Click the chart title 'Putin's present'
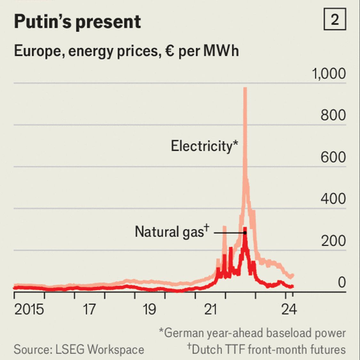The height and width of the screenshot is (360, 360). coord(77,22)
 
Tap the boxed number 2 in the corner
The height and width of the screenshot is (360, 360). coord(334,20)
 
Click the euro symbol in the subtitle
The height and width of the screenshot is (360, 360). coord(169,51)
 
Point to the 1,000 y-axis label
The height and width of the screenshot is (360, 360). coord(329,74)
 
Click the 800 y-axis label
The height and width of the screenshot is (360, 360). coord(333,116)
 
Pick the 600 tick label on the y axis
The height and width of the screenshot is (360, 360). coord(333,157)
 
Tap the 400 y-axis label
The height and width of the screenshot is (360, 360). coord(333,199)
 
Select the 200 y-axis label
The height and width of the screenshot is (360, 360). coord(333,241)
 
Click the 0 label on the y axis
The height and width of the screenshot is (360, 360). coord(341,283)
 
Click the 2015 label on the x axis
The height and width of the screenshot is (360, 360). coord(29,309)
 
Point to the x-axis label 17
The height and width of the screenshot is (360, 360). coord(89,309)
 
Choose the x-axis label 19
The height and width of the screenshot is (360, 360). coord(149,309)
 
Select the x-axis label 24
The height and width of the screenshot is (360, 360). coord(289,309)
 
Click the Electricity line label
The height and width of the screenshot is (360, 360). coord(204,146)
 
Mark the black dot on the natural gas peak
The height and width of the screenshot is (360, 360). coord(245,233)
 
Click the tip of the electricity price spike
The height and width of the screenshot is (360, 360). coord(245,88)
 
